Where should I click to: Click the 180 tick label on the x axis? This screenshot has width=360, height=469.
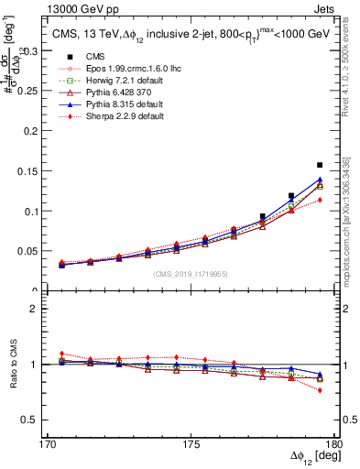335,444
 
